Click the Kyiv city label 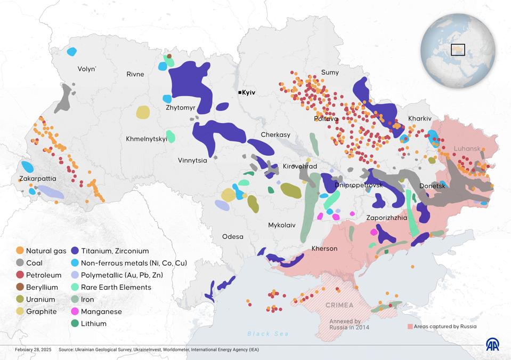click(249, 93)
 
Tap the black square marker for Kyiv click(240, 93)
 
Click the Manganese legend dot click(75, 311)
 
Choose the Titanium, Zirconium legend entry click(115, 251)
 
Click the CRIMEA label click(339, 305)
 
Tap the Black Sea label click(268, 334)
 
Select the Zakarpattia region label click(38, 178)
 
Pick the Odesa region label click(233, 236)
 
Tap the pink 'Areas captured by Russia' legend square click(410, 326)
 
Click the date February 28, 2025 click(33, 350)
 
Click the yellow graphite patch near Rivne click(143, 112)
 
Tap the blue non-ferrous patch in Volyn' click(71, 52)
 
